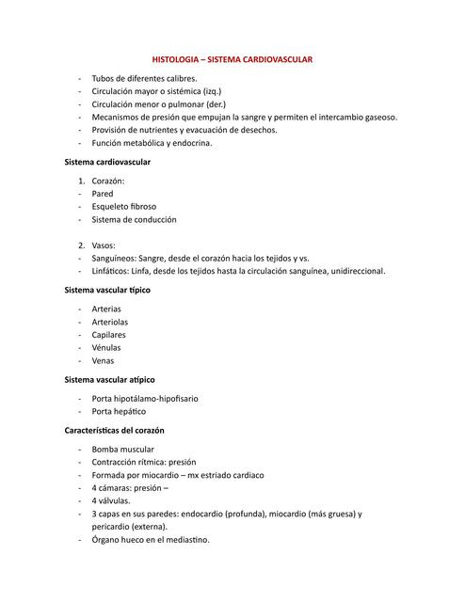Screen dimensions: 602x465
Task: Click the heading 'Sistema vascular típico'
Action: [x=106, y=290]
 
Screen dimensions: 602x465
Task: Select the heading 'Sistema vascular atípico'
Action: [x=108, y=379]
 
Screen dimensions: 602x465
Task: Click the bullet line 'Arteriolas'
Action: [x=111, y=322]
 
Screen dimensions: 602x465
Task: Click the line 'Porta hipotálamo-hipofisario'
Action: [x=145, y=399]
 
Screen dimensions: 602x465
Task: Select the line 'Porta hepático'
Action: [x=119, y=411]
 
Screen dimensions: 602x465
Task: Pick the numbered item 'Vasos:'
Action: [x=104, y=245]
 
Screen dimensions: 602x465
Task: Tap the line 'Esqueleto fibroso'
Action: [x=124, y=206]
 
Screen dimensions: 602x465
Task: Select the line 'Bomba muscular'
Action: [x=122, y=450]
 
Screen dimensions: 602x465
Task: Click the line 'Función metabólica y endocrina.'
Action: [x=152, y=143]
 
